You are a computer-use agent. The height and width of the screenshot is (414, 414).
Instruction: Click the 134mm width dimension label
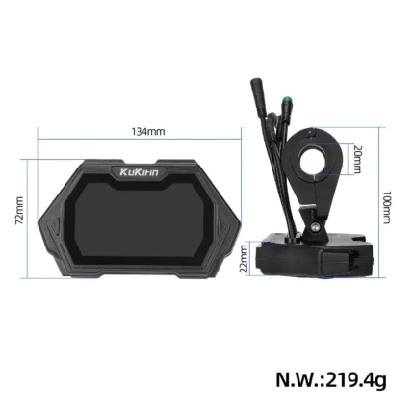click(x=148, y=132)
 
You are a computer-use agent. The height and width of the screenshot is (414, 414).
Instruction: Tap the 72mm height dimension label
click(x=20, y=211)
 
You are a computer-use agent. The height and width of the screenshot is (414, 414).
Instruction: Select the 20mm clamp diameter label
click(x=357, y=160)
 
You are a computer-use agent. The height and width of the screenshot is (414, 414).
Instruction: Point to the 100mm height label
click(x=387, y=207)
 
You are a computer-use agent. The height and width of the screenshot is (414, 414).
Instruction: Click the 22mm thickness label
click(x=245, y=259)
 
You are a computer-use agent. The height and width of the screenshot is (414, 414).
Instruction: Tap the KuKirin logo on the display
click(x=140, y=172)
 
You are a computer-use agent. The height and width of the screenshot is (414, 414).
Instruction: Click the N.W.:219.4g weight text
click(x=331, y=380)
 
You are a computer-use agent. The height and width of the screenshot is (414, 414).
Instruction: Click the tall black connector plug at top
click(x=258, y=96)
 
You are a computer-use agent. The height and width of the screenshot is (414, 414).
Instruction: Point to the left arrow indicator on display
click(x=56, y=225)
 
